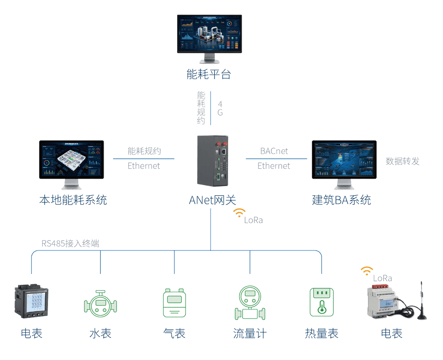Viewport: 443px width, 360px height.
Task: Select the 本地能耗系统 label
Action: click(x=73, y=200)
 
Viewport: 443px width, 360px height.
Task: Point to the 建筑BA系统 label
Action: click(x=341, y=200)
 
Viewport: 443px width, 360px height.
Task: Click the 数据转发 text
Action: click(x=402, y=161)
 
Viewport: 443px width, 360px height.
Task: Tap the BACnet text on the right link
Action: click(x=274, y=151)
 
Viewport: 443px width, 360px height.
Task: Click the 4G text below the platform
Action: click(x=220, y=108)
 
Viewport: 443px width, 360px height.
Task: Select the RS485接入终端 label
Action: click(x=70, y=243)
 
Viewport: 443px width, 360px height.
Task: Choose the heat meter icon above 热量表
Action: click(x=321, y=302)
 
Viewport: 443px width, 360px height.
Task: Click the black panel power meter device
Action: click(x=31, y=301)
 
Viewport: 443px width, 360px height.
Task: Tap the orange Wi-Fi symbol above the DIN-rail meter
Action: click(x=366, y=271)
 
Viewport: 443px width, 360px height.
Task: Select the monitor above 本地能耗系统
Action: click(x=71, y=159)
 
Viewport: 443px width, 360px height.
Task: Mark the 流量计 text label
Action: click(x=250, y=333)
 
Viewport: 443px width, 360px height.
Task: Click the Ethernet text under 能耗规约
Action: click(x=144, y=166)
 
